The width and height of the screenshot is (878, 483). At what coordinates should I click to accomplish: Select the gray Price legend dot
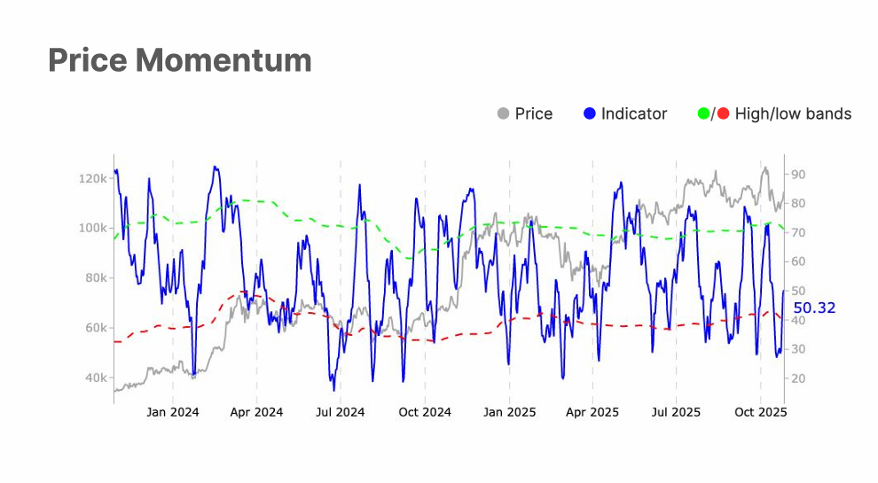pos(504,113)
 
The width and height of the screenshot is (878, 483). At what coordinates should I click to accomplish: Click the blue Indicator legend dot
pos(590,113)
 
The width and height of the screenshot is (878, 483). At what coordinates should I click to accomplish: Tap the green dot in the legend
pos(704,113)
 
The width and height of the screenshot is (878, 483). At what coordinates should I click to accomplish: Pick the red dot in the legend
pos(723,113)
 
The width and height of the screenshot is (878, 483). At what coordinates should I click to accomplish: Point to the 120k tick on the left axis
pos(93,178)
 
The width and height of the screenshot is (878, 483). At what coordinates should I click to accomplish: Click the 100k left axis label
pos(93,228)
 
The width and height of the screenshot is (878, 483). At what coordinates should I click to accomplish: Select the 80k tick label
pos(95,277)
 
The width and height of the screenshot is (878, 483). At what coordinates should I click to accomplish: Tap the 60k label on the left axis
pos(95,328)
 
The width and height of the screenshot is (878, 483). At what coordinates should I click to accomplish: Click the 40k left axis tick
pos(95,378)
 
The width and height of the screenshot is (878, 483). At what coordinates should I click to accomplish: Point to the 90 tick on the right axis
pos(797,175)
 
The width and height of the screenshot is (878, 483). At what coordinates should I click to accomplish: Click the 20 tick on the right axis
pos(797,378)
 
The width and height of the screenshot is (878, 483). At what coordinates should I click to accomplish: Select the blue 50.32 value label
pos(814,308)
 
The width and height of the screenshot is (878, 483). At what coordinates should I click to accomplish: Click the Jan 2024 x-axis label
pos(173,412)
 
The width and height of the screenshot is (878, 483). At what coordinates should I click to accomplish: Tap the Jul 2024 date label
pos(341,412)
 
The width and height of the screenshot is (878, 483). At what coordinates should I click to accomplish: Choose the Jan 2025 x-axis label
pos(509,412)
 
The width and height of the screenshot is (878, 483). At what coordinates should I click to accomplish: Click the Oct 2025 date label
pos(760,412)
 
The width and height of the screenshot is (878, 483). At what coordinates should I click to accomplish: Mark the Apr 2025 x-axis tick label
pos(592,412)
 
